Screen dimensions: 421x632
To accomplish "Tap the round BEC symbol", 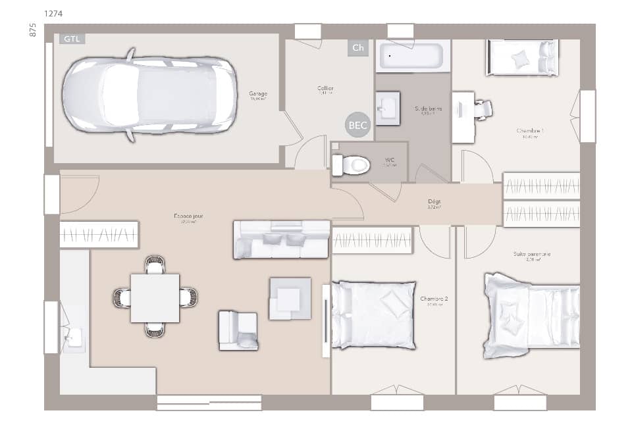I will tap(358, 125).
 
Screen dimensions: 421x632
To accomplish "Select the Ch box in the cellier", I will tap(357, 47).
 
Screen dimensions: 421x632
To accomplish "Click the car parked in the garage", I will tap(149, 94).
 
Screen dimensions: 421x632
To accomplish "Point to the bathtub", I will tap(413, 56).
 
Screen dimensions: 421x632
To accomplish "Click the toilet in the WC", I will tap(351, 164).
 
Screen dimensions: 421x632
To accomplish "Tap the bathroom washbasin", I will tap(388, 108).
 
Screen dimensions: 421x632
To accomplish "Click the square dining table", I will tap(155, 298).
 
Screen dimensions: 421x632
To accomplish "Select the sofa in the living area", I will tap(282, 239).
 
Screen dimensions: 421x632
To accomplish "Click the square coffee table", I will tap(290, 299).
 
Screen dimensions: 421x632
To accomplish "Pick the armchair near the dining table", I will tap(238, 330).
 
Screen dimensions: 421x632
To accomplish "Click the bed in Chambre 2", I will tap(374, 314).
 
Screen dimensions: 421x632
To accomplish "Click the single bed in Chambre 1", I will tap(522, 58).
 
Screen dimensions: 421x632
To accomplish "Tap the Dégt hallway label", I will tap(434, 202).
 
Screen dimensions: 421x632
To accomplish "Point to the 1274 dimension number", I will tap(54, 13).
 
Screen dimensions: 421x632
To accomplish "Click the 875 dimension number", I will tap(32, 30).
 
